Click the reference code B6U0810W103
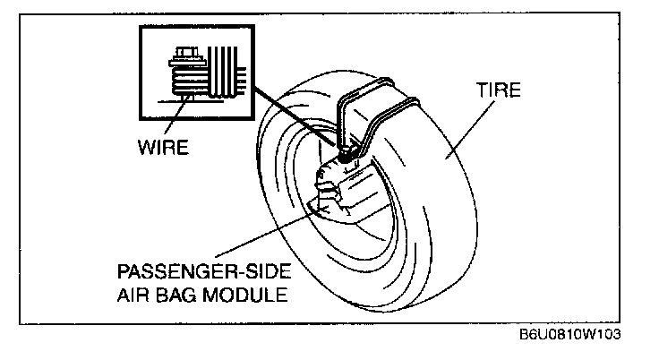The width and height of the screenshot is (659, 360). pos(569,333)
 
